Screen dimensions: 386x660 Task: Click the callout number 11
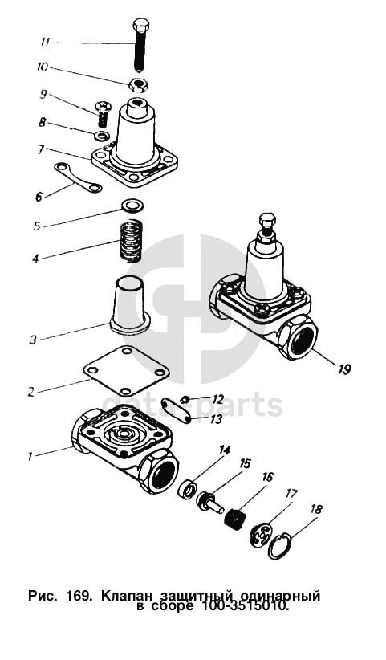(x=46, y=42)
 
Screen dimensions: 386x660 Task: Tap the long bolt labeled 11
(x=139, y=45)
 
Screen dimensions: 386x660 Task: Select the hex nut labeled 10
(x=138, y=84)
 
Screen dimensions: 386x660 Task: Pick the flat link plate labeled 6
(x=79, y=177)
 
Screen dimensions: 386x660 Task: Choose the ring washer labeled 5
(x=132, y=206)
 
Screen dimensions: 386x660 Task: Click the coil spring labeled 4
(x=130, y=241)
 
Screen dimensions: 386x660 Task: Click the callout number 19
(x=344, y=369)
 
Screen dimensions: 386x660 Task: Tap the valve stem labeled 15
(x=209, y=501)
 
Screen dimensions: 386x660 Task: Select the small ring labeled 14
(x=188, y=488)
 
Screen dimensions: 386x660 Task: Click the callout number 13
(x=216, y=420)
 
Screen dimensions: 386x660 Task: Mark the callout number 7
(x=41, y=149)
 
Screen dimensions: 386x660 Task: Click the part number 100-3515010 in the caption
(x=244, y=606)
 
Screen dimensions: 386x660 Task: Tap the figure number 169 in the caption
(x=77, y=597)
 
